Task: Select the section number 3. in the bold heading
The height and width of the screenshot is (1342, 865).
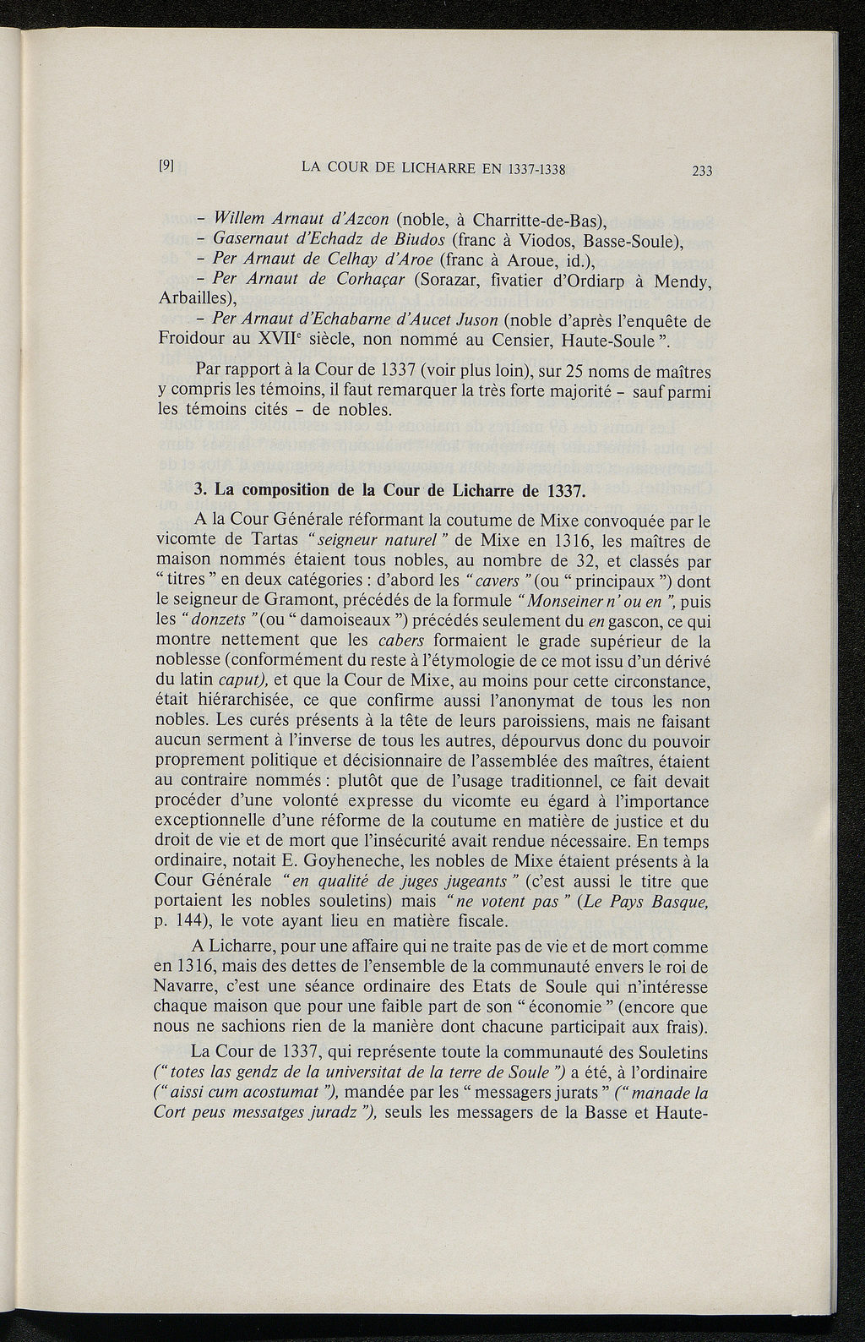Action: (201, 490)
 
